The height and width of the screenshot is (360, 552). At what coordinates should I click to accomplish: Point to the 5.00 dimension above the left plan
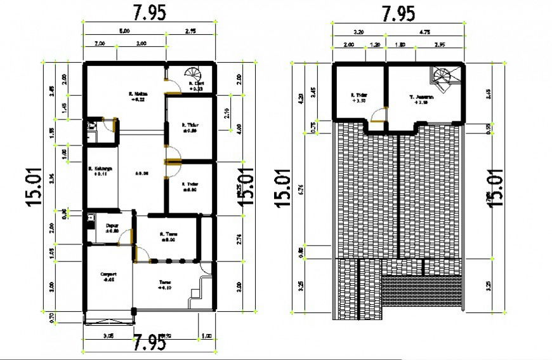coord(125,30)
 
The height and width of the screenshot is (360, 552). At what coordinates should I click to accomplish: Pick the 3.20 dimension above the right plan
coord(358,30)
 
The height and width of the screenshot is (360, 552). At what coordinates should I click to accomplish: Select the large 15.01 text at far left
coord(35,187)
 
